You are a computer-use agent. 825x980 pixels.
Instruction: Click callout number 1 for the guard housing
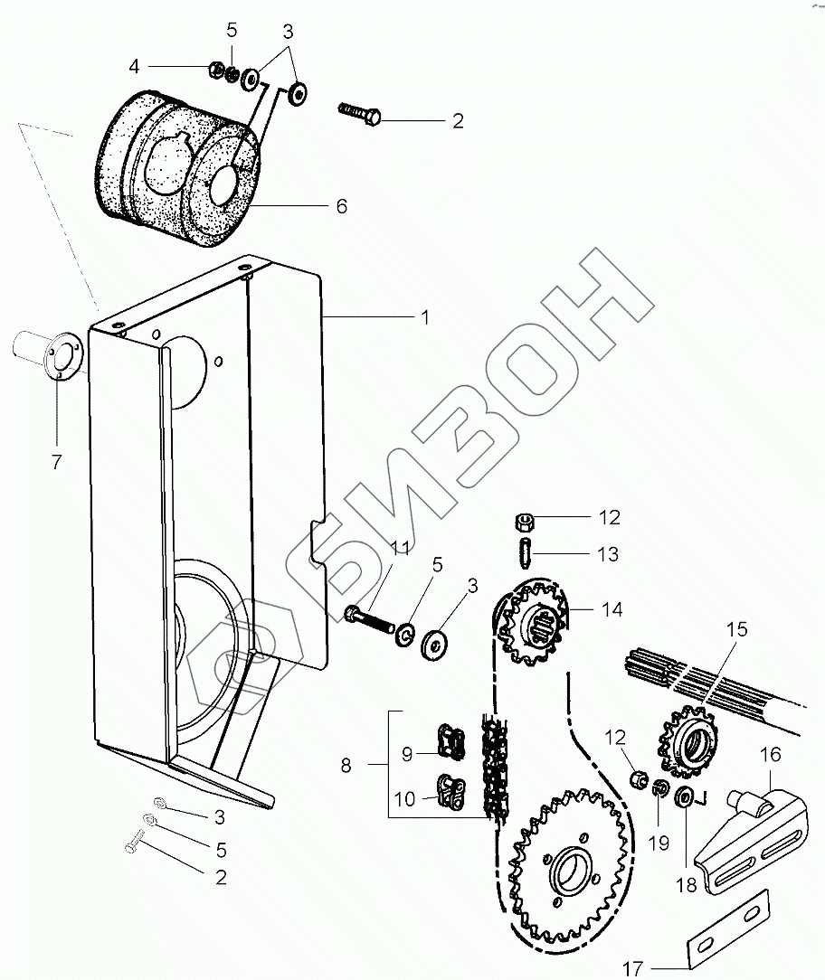click(424, 317)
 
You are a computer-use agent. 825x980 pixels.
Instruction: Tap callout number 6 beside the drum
click(341, 206)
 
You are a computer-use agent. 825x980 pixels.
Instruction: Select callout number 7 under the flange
click(56, 462)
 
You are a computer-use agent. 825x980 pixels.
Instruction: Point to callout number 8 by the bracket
click(346, 766)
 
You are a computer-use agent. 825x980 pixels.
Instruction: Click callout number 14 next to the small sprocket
click(612, 609)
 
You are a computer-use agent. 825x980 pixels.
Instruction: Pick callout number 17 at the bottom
click(634, 968)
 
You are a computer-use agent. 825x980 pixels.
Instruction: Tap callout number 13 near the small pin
click(609, 554)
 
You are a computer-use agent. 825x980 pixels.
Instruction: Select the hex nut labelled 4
click(216, 68)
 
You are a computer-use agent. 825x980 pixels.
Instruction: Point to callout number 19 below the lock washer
click(659, 843)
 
